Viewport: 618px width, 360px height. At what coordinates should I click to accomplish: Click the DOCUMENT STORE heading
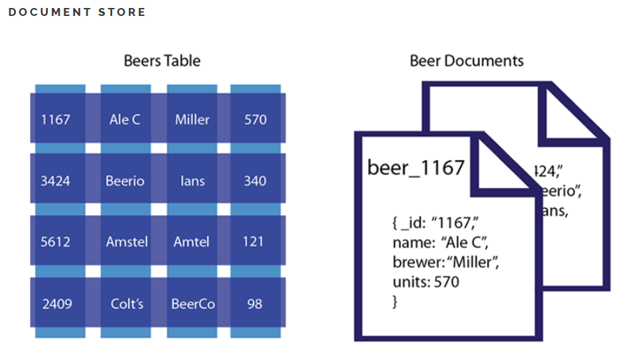tap(77, 13)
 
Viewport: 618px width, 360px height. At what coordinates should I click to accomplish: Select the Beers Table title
tap(162, 61)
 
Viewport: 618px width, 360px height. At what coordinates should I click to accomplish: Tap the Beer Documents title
tap(466, 61)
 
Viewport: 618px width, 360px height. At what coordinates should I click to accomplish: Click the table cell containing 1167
tap(55, 120)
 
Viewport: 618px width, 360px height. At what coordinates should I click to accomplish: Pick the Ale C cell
tap(125, 120)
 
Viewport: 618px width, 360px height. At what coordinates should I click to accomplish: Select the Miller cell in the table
tap(192, 120)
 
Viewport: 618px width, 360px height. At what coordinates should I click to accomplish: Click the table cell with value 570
tap(255, 120)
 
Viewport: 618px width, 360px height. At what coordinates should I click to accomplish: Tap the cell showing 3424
tap(55, 181)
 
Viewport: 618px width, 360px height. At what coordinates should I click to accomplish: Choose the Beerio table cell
tap(125, 181)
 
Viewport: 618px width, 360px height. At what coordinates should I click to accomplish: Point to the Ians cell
tap(192, 181)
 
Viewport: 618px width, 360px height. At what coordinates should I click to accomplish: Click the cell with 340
tap(255, 181)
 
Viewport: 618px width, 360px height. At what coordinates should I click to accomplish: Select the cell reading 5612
tap(55, 242)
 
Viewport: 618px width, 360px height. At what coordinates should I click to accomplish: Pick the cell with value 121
tap(255, 242)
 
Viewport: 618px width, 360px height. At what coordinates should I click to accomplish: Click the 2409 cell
tap(55, 304)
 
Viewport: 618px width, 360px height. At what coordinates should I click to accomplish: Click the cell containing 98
tap(255, 304)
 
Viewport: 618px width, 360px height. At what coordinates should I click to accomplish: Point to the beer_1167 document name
tap(416, 167)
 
